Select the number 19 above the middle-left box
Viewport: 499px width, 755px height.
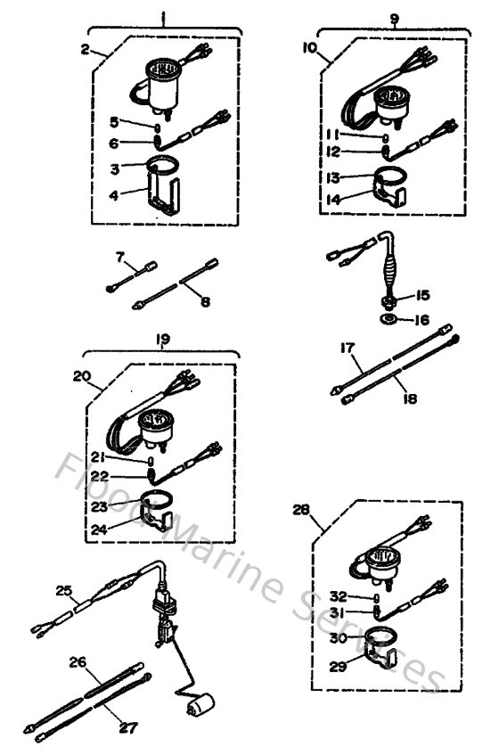point(162,341)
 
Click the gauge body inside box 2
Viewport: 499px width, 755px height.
point(163,90)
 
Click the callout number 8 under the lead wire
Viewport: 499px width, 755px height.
point(205,303)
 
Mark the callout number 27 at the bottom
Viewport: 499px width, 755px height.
point(129,727)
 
